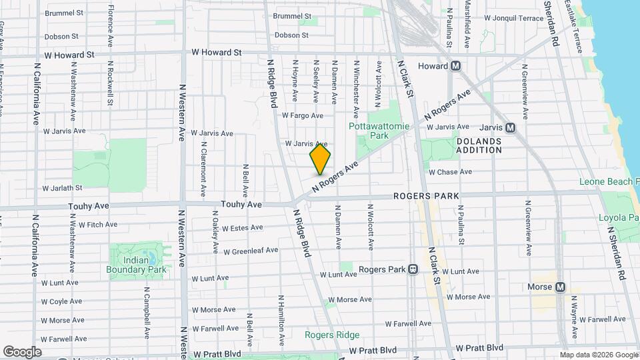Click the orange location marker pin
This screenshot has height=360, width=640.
pyautogui.click(x=320, y=159)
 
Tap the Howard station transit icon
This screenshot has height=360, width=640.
pyautogui.click(x=457, y=66)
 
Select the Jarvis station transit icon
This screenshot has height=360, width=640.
pyautogui.click(x=510, y=127)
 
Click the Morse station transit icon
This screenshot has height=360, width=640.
pyautogui.click(x=560, y=287)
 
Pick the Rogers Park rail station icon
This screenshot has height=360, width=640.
pyautogui.click(x=413, y=269)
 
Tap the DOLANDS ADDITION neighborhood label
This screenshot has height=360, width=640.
pyautogui.click(x=479, y=145)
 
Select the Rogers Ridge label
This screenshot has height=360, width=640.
pyautogui.click(x=332, y=335)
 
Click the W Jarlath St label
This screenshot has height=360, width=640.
pyautogui.click(x=61, y=188)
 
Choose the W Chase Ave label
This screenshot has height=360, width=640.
pyautogui.click(x=450, y=172)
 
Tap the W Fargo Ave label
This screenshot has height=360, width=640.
pyautogui.click(x=302, y=115)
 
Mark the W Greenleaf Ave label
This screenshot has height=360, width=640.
pyautogui.click(x=250, y=251)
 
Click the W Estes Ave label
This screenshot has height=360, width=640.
pyautogui.click(x=242, y=228)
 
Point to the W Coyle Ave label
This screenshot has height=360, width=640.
pyautogui.click(x=61, y=301)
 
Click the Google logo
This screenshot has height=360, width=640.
pyautogui.click(x=22, y=351)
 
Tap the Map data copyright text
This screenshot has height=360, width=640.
pyautogui.click(x=598, y=355)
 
